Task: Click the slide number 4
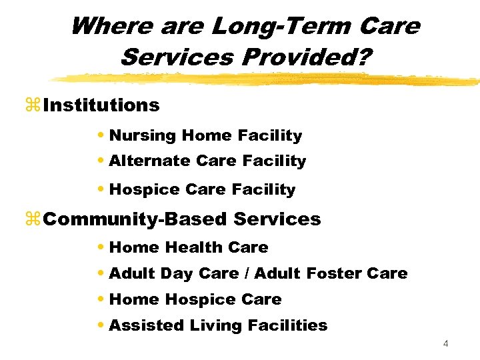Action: (x=446, y=344)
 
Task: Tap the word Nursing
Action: (x=143, y=136)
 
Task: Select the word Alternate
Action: (x=150, y=161)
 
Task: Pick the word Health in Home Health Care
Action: (x=192, y=247)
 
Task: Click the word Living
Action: (x=212, y=326)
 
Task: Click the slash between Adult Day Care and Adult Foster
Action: (x=247, y=273)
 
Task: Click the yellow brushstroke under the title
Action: (x=267, y=79)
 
